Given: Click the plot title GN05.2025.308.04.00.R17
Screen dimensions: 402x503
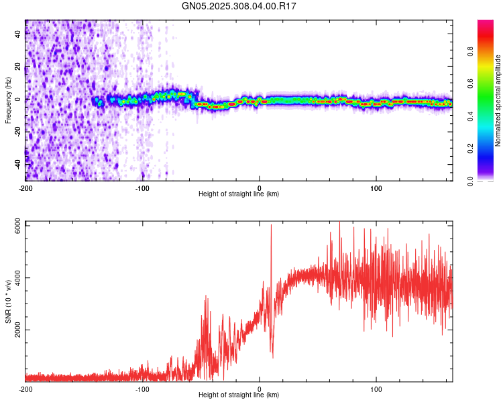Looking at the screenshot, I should (x=239, y=6).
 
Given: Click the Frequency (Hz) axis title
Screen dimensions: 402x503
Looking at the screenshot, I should (x=8, y=100).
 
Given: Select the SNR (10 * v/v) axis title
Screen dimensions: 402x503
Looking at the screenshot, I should (x=8, y=303).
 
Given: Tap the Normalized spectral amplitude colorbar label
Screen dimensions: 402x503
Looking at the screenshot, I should (x=498, y=100).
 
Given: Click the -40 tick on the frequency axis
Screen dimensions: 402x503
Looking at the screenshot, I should (x=19, y=163).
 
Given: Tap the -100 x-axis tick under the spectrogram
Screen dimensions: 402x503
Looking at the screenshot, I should (x=142, y=188).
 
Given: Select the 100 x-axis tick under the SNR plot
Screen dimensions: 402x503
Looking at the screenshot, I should (x=376, y=389).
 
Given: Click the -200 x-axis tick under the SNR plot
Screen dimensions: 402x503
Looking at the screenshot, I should (x=25, y=389).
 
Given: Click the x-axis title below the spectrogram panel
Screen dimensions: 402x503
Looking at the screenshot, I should (x=239, y=194).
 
